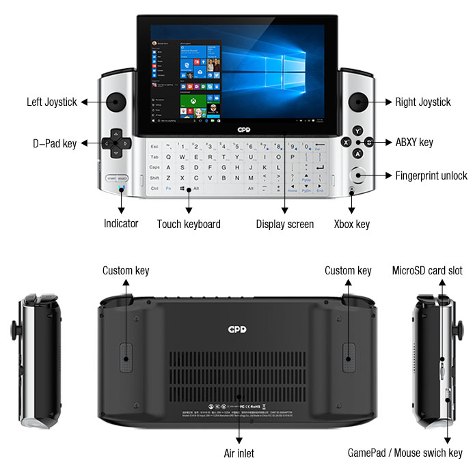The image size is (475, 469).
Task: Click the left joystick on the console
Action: point(116,102)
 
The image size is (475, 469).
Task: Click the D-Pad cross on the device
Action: point(116,143)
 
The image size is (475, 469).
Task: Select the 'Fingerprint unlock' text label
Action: point(431,175)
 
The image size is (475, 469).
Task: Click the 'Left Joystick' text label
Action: point(53,102)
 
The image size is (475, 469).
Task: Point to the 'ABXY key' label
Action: point(414,143)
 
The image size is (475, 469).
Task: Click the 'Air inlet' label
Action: point(239,452)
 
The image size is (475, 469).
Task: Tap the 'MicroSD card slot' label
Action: point(427,270)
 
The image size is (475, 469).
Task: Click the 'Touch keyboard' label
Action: point(189,223)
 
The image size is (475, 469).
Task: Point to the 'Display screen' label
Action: point(285,223)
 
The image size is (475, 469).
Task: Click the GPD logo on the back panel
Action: point(238,329)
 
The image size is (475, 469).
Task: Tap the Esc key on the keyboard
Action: point(154,146)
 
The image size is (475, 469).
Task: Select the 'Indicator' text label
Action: point(121,223)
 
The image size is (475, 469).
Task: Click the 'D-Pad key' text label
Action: point(55,143)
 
